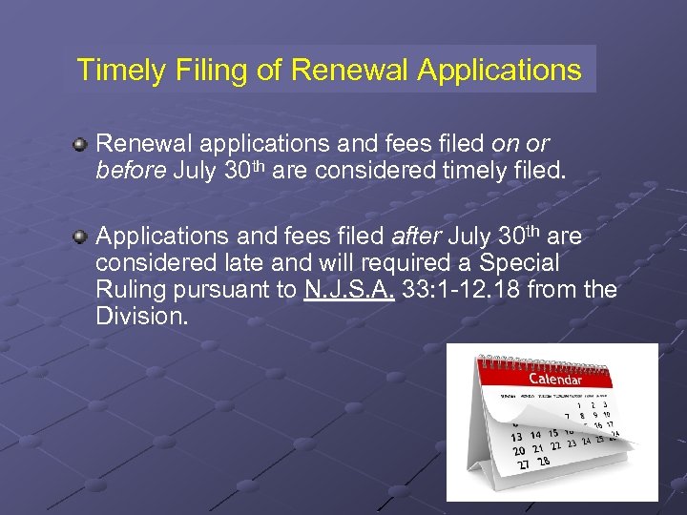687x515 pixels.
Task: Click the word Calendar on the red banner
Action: (554, 379)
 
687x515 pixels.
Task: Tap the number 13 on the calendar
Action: (516, 437)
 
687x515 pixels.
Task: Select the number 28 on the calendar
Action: (542, 462)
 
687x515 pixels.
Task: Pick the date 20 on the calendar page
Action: (518, 450)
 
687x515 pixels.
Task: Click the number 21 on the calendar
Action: (537, 448)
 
